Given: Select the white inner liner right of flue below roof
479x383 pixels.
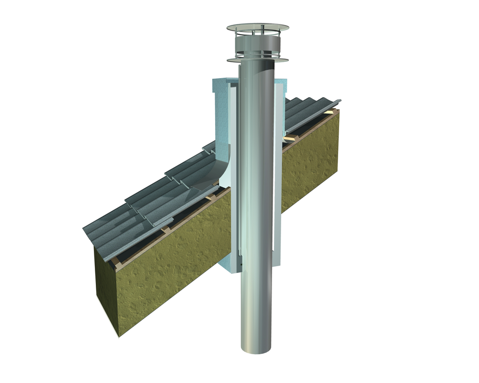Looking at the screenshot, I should coord(276,230).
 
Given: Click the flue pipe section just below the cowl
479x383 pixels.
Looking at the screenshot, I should coord(258,81).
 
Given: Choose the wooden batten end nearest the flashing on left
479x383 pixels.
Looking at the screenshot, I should coord(211,198).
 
